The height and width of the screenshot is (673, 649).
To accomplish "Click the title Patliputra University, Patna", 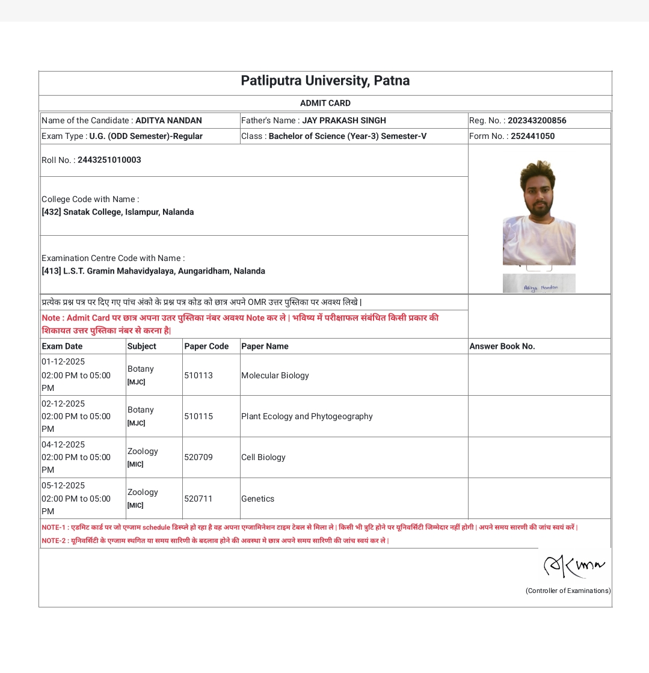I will tap(325, 81).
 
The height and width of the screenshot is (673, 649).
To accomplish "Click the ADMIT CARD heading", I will tap(325, 103).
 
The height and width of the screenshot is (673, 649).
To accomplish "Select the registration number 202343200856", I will tap(537, 120).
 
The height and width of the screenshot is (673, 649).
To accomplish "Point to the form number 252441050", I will tap(532, 136).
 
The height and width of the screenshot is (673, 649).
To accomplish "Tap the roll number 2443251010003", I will tap(109, 160).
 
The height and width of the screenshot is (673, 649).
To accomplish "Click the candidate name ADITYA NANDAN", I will tap(168, 120).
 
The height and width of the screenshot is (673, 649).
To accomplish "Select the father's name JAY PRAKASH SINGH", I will tap(343, 120).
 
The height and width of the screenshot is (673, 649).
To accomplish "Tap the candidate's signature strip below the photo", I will tap(539, 283).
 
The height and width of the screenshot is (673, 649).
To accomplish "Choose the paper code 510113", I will tap(198, 375).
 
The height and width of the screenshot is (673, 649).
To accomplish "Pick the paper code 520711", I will tap(198, 499).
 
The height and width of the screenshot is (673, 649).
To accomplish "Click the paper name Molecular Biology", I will tap(275, 375).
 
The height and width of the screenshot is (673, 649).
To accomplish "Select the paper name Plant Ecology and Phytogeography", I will tap(307, 416).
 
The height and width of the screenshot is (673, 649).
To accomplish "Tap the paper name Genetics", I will tap(257, 499).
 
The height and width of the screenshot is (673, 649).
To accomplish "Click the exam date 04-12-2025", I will tap(63, 444).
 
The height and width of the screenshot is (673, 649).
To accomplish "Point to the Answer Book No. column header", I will tap(502, 346).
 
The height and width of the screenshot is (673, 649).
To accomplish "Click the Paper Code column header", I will tap(206, 346).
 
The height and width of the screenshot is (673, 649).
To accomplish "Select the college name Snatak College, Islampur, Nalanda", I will tap(128, 212).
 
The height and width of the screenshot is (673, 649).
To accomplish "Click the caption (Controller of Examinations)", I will tap(568, 591).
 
